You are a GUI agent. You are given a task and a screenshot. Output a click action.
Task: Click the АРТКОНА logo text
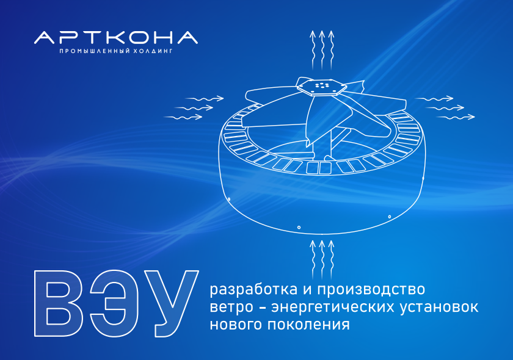coord(116,38)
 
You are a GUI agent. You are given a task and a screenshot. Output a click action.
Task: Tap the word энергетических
coord(333,308)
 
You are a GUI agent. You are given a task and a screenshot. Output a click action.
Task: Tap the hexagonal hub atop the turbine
coord(321,87)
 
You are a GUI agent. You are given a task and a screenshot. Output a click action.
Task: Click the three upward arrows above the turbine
coord(322,49)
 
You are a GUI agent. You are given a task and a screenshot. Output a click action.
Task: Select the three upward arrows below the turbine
coord(322,259)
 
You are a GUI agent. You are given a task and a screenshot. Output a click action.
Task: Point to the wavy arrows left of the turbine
coord(194,107)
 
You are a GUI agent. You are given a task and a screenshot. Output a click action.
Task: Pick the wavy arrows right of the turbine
coord(445,107)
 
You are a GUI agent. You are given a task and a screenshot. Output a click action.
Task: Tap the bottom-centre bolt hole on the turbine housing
coord(299,227)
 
